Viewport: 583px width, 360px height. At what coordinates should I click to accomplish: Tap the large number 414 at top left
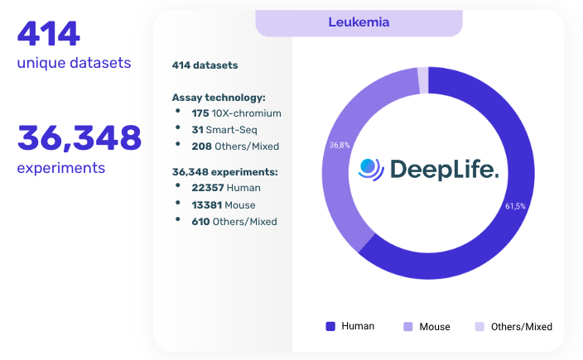click(49, 33)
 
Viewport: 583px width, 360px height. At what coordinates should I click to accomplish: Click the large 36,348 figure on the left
click(79, 137)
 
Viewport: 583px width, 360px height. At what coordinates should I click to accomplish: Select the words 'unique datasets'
click(74, 63)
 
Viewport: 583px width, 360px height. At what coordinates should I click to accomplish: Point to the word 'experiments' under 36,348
click(61, 168)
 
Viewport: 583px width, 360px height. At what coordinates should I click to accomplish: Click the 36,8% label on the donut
click(339, 145)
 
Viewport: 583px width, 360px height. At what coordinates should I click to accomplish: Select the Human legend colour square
click(330, 326)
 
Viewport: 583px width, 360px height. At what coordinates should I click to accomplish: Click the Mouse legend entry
click(426, 326)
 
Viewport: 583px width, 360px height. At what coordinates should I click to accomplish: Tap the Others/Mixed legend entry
click(513, 326)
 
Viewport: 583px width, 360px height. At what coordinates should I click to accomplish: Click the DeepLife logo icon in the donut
click(371, 169)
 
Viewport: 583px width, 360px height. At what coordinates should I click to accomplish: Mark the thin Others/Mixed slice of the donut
click(423, 80)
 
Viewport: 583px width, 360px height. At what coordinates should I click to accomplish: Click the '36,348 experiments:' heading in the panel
click(224, 171)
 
